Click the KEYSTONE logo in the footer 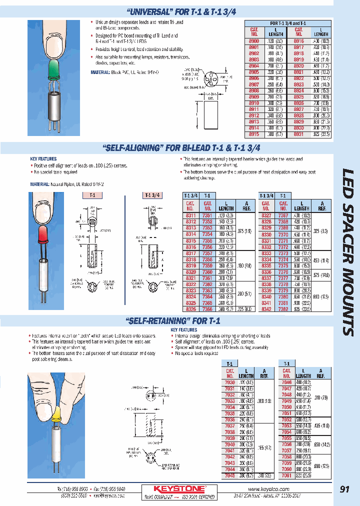point(178,488)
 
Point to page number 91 point(344,489)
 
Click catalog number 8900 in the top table point(254,39)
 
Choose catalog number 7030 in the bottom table point(229,381)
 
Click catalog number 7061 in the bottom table point(286,475)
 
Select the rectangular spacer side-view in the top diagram point(210,112)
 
